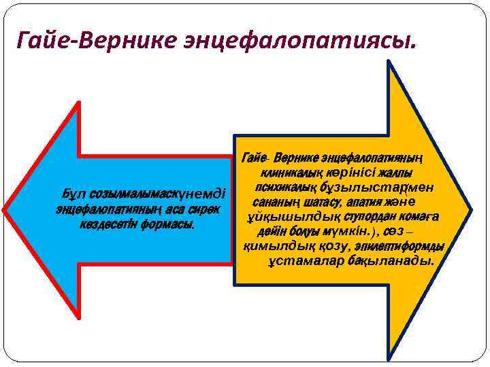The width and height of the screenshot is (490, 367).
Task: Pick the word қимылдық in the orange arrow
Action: (273, 246)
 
